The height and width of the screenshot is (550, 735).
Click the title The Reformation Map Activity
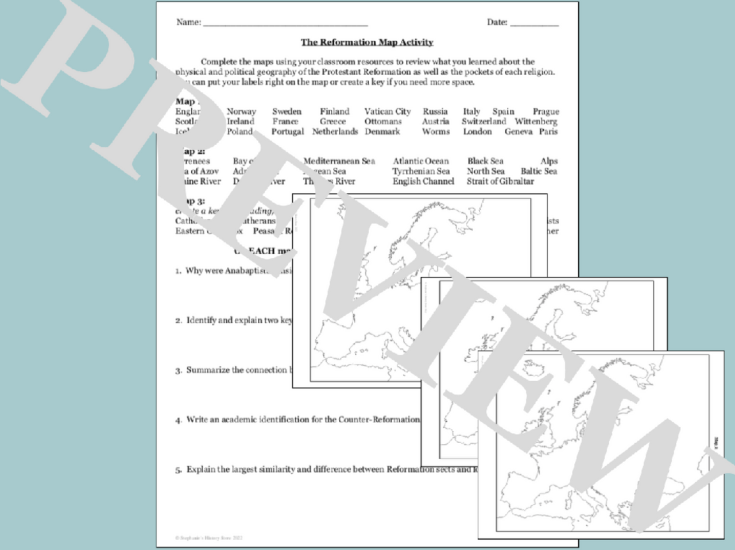point(367,42)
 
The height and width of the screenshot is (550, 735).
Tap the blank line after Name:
point(285,25)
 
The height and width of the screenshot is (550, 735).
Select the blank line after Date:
point(534,25)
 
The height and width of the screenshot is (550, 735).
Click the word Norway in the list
point(241,111)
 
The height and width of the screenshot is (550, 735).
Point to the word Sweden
point(287,111)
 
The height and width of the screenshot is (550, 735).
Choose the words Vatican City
point(387,111)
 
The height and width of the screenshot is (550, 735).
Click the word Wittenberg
point(536,121)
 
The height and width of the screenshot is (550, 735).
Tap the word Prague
point(546,111)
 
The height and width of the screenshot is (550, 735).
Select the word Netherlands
point(335,131)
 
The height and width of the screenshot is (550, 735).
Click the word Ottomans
point(383,121)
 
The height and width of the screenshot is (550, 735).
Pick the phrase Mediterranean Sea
point(339,161)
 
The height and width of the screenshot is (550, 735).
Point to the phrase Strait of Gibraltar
point(500,181)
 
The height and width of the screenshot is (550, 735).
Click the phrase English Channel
point(423,181)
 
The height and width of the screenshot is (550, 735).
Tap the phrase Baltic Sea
point(539,171)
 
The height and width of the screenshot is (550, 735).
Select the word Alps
point(549,161)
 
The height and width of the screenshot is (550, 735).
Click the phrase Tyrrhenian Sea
point(421,171)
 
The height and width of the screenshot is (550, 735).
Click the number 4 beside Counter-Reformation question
point(179,420)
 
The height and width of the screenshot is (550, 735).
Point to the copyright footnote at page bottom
point(209,538)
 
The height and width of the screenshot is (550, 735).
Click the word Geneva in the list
point(519,131)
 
